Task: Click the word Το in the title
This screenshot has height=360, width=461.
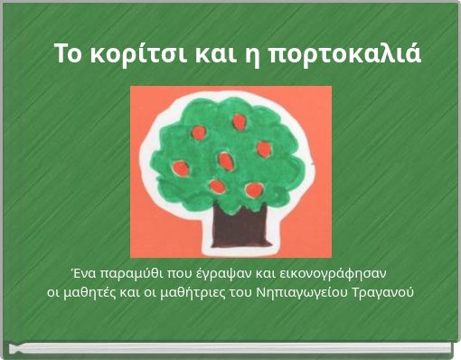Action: tap(66, 53)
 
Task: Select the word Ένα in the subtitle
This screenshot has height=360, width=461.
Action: tap(84, 272)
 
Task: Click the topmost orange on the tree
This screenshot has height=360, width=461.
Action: tap(239, 121)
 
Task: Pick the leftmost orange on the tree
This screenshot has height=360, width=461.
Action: tap(181, 167)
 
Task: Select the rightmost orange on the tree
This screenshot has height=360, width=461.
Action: tap(264, 149)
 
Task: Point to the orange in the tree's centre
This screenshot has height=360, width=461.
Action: tap(225, 161)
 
